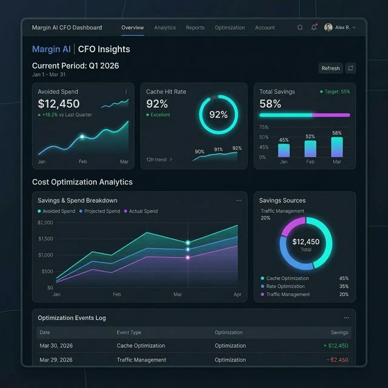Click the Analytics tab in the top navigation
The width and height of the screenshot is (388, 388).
164,28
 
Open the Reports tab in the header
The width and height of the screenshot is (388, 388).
195,28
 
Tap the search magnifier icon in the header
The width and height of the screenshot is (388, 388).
300,28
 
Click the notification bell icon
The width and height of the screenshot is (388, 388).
314,28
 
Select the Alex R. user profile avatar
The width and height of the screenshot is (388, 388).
329,28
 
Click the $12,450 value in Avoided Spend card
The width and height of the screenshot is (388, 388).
59,104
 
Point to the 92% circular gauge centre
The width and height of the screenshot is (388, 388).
218,115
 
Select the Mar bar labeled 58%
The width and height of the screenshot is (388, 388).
337,147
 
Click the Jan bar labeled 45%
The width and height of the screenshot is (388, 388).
284,150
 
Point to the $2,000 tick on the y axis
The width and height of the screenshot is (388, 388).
45,222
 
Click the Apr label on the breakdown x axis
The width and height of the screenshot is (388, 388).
238,294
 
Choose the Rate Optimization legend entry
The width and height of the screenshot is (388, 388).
285,286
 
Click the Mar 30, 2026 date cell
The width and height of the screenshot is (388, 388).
56,346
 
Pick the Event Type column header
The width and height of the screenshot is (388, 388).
129,332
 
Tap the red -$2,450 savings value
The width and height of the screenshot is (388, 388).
338,360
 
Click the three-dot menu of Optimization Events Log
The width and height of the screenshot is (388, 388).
346,318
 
